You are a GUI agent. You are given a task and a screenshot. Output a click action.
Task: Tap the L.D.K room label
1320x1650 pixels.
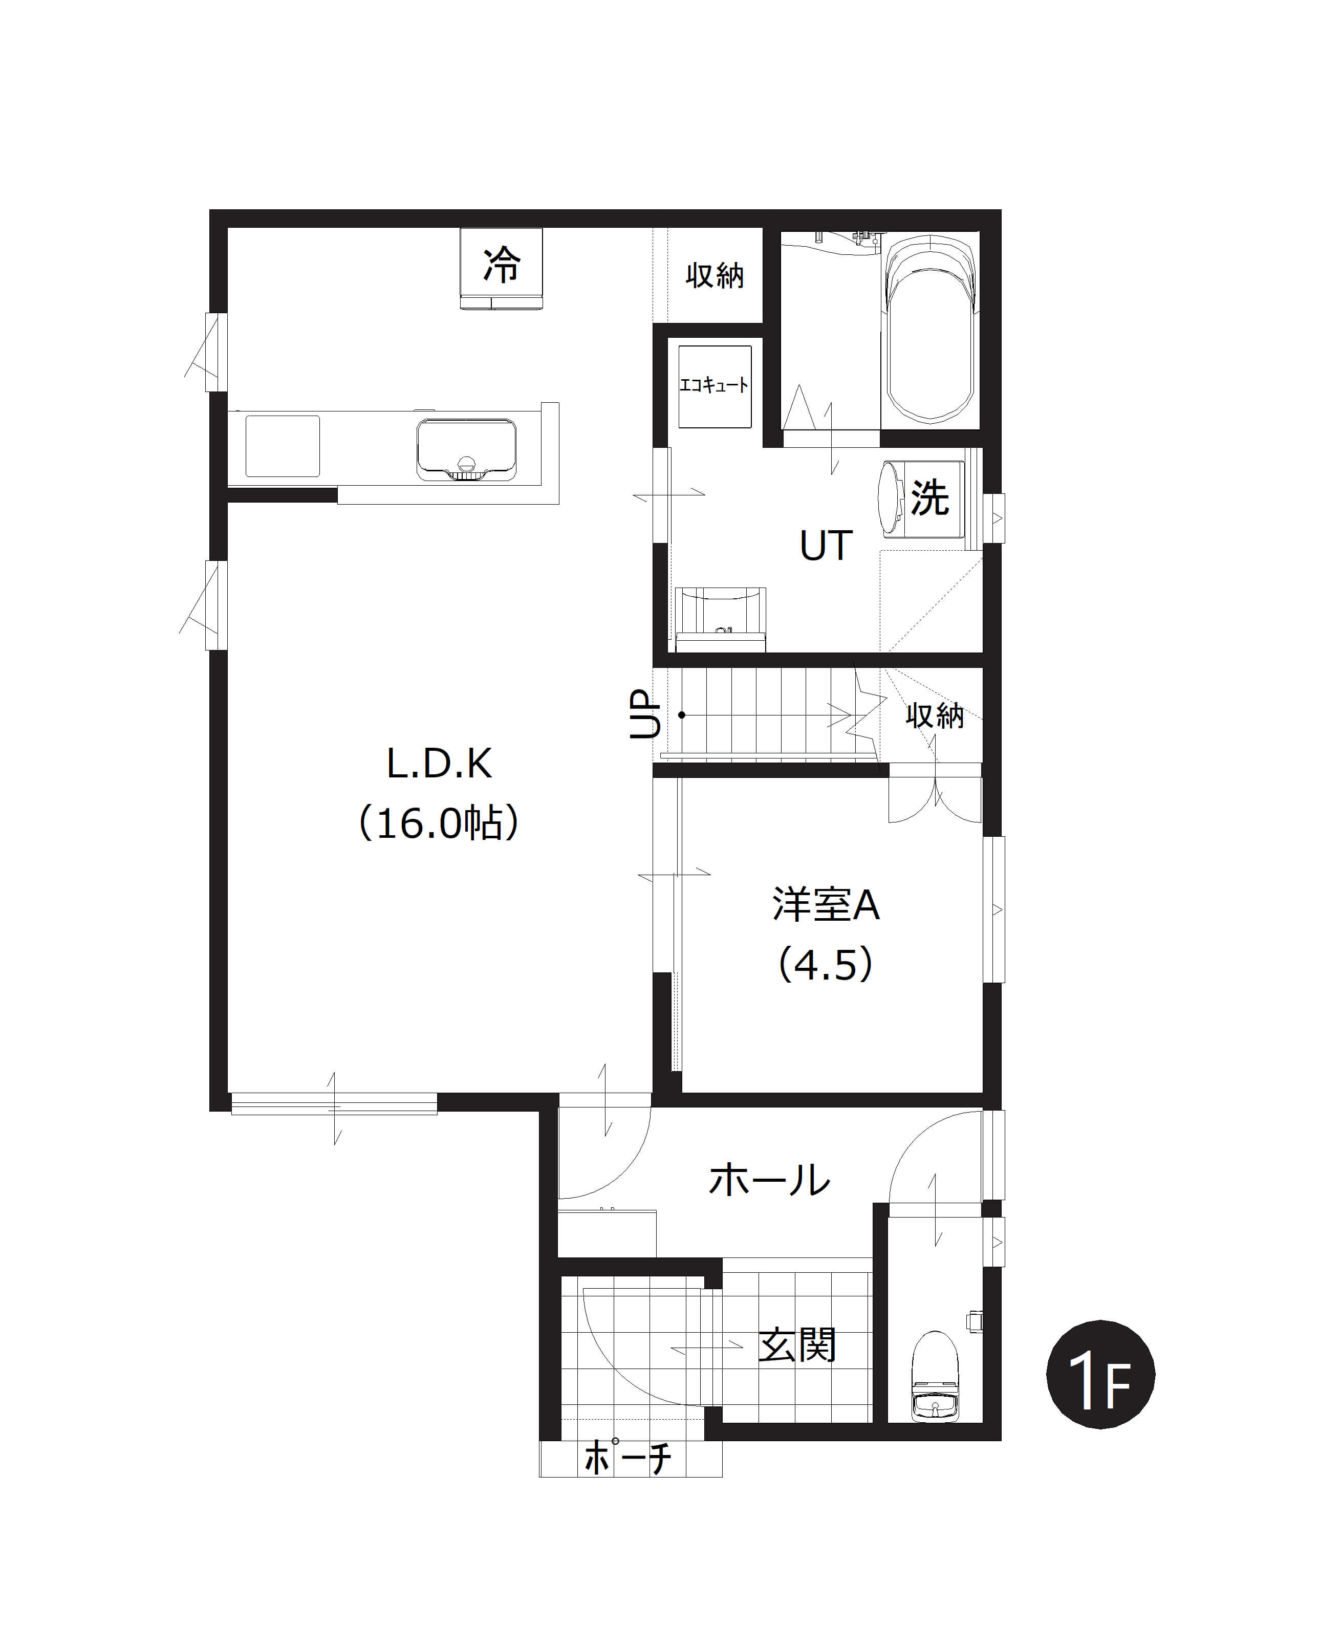coord(439,764)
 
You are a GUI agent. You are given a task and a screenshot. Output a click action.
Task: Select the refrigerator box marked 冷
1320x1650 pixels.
coord(501,268)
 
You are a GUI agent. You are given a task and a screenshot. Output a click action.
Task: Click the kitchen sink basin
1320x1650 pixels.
coord(466,450)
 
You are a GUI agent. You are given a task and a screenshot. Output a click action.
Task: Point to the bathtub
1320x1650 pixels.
coord(930,329)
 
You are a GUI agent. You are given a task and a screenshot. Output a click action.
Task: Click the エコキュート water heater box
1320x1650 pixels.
coord(715,386)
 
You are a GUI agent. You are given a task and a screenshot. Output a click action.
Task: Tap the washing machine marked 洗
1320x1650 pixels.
coord(921,497)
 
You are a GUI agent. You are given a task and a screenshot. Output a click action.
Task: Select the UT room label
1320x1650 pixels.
coord(826,546)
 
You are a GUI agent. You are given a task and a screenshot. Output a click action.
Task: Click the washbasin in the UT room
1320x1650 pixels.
coord(720,618)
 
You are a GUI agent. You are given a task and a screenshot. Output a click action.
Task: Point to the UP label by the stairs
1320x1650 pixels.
coord(644,714)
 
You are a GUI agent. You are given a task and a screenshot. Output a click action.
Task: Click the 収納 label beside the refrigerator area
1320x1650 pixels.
coord(715,275)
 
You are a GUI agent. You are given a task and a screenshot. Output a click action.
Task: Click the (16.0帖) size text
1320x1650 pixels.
coord(439,823)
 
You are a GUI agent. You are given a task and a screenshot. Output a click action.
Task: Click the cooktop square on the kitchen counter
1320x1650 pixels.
coord(283,446)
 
